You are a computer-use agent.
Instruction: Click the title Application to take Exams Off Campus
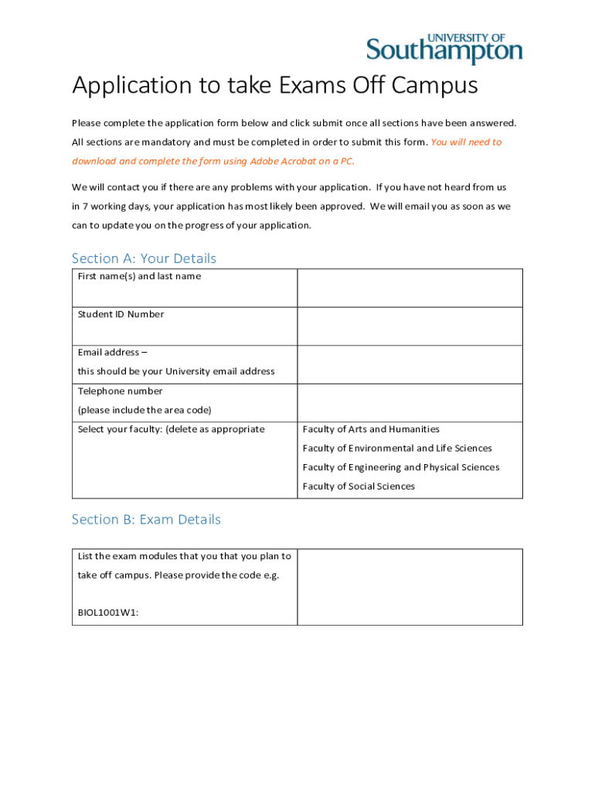point(275,85)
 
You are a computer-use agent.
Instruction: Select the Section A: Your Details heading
point(144,258)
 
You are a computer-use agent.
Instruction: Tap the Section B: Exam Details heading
point(146,520)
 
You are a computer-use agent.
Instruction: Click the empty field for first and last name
point(410,288)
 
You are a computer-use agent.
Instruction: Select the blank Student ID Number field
point(410,326)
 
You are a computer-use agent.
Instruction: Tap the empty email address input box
point(410,364)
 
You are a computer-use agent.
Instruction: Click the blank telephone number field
point(410,402)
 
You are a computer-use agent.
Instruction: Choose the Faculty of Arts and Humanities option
point(371,429)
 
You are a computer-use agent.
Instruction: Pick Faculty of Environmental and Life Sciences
point(397,449)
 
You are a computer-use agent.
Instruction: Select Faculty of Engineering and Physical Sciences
point(401,467)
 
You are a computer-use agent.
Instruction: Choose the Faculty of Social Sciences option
point(359,486)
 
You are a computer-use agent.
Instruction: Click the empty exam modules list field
point(410,586)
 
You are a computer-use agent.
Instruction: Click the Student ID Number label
point(121,314)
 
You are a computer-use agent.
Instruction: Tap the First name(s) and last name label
point(139,276)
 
